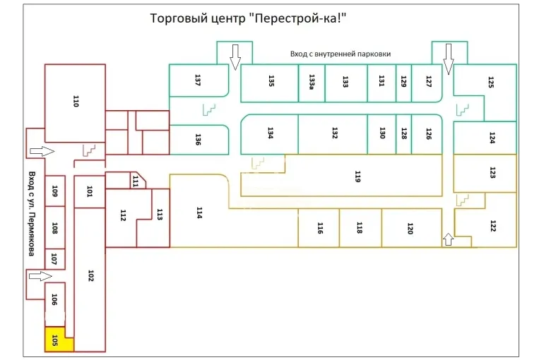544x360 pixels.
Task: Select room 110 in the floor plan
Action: (x=75, y=102)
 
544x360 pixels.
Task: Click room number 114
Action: (x=199, y=212)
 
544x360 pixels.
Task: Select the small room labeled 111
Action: (x=134, y=181)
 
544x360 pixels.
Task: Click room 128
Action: (x=403, y=133)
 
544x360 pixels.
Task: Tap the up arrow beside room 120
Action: (x=447, y=239)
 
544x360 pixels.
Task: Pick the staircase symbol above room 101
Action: (x=89, y=150)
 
